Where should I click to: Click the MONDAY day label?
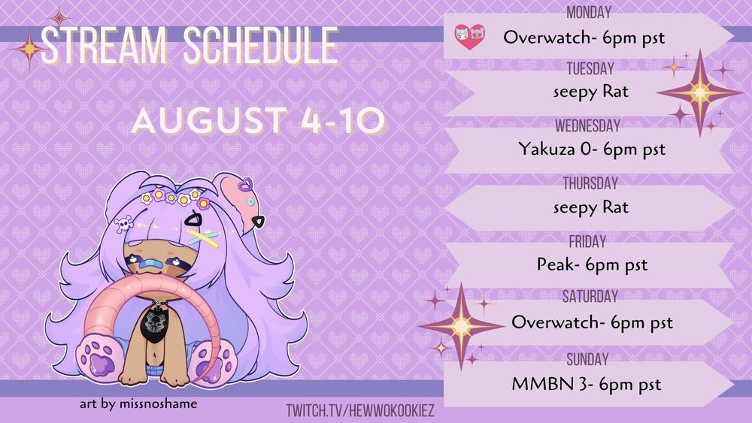589,12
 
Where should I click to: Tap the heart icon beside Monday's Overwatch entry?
469,37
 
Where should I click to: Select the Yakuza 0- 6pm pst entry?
592,149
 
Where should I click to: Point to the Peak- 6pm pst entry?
592,264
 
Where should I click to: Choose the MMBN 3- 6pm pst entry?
586,384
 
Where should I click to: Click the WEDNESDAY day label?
587,126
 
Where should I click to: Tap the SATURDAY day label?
590,297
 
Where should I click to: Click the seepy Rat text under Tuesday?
590,92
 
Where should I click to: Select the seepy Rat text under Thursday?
590,207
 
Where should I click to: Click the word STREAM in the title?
104,46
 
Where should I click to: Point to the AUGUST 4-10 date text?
258,120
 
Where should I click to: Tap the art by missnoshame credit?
138,403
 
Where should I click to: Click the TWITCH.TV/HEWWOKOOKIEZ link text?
360,410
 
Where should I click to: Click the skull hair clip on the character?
123,224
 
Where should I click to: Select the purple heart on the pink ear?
246,184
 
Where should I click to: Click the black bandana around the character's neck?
155,322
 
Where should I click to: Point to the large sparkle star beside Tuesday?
699,92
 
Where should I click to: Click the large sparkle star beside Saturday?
461,326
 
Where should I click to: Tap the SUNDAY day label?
587,359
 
